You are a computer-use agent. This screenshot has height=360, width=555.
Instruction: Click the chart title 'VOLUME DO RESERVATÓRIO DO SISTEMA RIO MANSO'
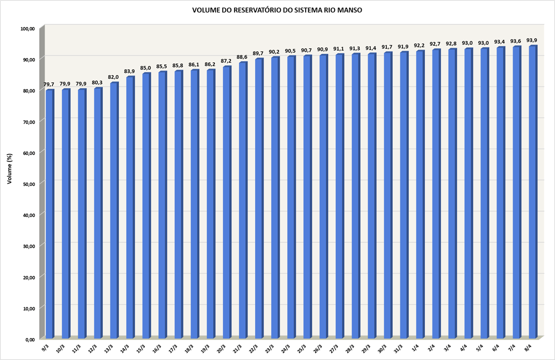tap(277, 10)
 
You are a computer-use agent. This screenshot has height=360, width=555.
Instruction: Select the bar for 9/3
tap(49, 214)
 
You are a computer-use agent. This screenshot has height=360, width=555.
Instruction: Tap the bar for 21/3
tap(243, 200)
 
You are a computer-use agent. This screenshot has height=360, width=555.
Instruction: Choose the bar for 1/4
tap(420, 195)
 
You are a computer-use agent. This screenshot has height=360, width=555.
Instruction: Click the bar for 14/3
tap(130, 207)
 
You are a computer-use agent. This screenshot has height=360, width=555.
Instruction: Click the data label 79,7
tap(49, 84)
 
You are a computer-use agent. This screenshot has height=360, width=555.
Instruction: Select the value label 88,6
tap(242, 57)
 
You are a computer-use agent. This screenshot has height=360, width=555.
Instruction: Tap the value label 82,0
tap(114, 77)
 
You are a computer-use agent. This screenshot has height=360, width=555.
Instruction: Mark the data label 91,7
tap(387, 47)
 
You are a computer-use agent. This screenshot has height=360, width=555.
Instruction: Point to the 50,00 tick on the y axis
tap(29, 183)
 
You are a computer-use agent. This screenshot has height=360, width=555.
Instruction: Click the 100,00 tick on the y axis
tap(28, 29)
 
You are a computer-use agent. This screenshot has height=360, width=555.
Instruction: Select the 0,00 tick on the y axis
tap(30, 339)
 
